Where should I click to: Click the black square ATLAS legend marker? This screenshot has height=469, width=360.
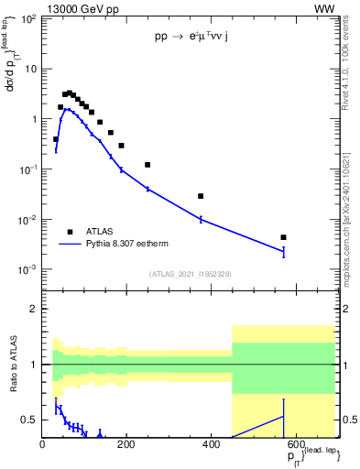(x=70, y=232)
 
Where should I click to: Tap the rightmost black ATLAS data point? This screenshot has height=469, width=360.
(x=284, y=237)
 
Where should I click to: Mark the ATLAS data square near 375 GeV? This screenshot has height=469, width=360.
(x=201, y=196)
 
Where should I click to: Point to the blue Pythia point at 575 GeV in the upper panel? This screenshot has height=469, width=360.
(x=284, y=251)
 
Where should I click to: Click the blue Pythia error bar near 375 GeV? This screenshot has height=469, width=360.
(x=201, y=219)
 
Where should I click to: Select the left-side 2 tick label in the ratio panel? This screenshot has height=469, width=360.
(x=34, y=309)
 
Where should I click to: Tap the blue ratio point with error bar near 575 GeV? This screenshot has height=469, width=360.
(x=284, y=416)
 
